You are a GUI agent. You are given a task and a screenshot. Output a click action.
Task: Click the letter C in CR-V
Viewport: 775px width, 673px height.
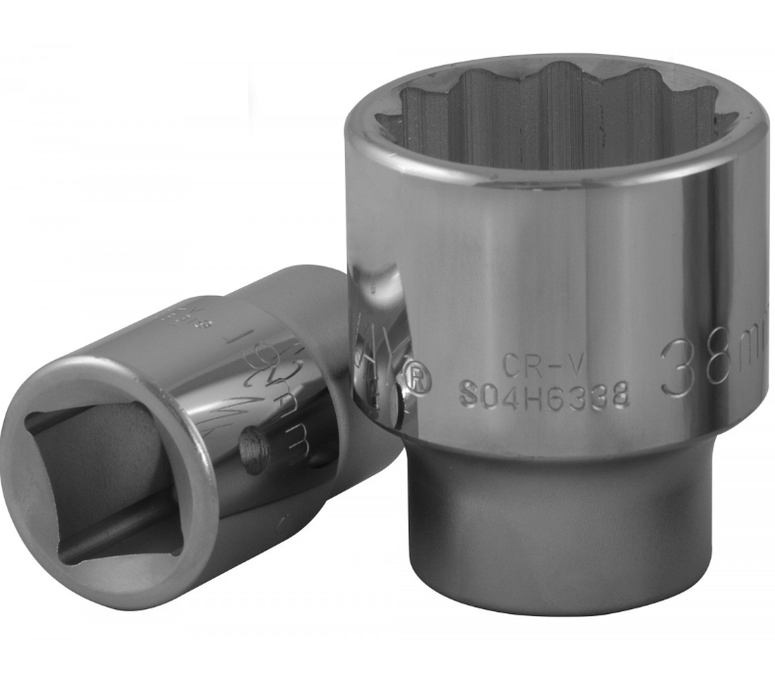coord(511,364)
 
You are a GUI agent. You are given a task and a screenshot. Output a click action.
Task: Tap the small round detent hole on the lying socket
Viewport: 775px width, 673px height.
coord(252,455)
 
